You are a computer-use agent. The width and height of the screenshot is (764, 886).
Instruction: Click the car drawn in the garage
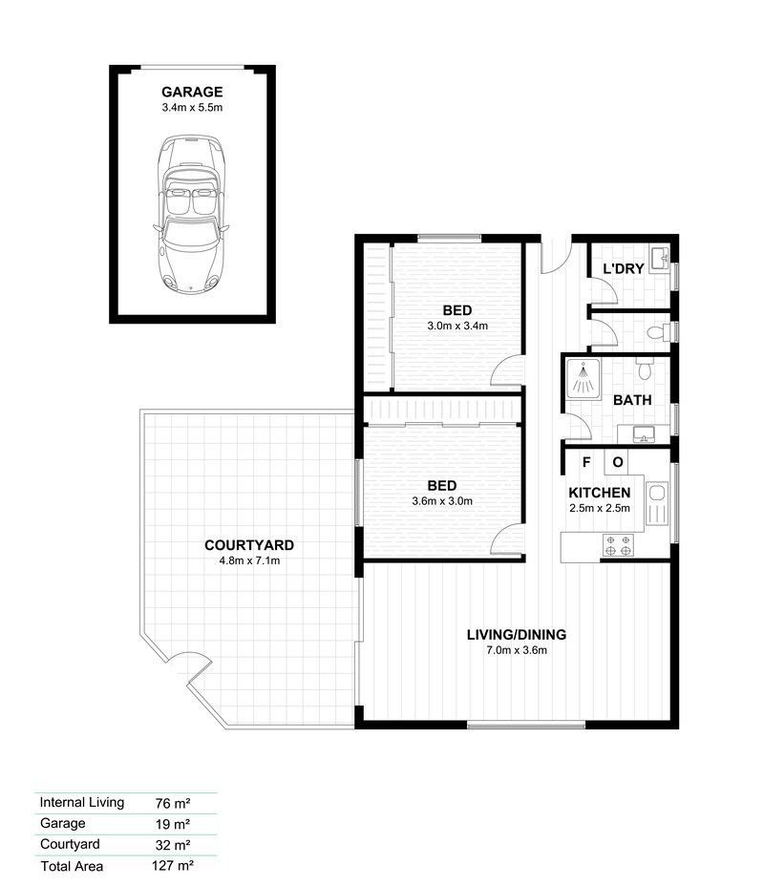tap(192, 214)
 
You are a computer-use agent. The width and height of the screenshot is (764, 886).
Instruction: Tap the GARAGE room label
tap(192, 92)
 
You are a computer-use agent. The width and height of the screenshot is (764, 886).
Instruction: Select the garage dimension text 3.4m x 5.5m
tap(192, 107)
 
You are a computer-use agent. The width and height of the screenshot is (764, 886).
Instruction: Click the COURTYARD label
tap(249, 545)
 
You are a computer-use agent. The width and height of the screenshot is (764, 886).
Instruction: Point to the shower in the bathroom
tap(583, 378)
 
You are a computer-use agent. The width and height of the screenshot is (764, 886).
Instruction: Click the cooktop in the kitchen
tap(618, 545)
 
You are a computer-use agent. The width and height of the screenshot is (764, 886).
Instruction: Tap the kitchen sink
tap(657, 503)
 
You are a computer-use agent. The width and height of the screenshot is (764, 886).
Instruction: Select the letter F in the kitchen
tap(586, 462)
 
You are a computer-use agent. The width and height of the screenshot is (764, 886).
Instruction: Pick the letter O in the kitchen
tap(618, 462)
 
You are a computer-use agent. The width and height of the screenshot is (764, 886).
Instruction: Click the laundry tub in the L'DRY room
tap(660, 260)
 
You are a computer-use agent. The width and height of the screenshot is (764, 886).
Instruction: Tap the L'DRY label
tap(624, 269)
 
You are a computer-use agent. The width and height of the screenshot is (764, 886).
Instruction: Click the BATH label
tap(632, 400)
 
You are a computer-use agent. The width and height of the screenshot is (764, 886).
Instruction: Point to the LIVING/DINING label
tap(517, 635)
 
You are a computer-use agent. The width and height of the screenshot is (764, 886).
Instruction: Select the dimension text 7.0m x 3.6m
tap(517, 650)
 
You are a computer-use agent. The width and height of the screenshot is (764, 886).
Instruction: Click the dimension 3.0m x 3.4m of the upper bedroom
tap(457, 326)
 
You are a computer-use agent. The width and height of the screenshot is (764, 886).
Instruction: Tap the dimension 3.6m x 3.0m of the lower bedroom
tap(442, 501)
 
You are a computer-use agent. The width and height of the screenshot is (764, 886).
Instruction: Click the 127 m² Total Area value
tap(173, 865)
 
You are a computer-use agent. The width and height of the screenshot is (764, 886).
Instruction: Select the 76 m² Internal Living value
tap(173, 803)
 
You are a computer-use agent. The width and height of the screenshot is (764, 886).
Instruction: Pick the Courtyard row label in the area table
tap(70, 844)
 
